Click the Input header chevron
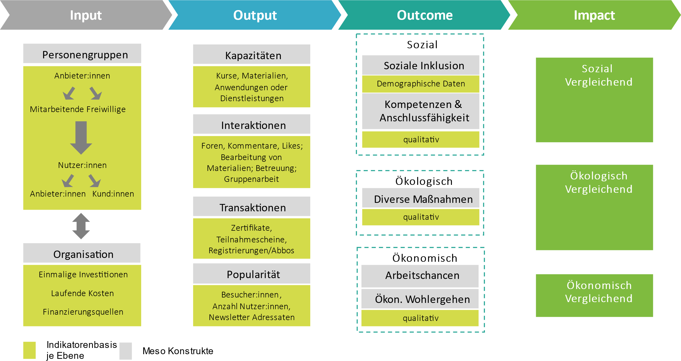click(x=86, y=15)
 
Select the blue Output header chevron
click(x=255, y=15)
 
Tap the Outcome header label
click(x=424, y=15)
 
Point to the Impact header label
click(x=594, y=15)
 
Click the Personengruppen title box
click(x=82, y=54)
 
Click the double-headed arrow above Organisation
click(x=81, y=226)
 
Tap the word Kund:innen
click(x=113, y=194)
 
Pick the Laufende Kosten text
click(x=82, y=293)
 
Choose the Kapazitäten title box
click(x=251, y=55)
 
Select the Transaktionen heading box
click(x=251, y=207)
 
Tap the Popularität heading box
click(x=251, y=274)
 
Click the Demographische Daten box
click(x=421, y=84)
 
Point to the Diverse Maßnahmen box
click(x=421, y=198)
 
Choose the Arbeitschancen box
click(x=420, y=276)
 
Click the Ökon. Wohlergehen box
click(x=420, y=299)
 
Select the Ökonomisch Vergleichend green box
click(x=594, y=295)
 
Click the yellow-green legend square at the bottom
click(x=29, y=350)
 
